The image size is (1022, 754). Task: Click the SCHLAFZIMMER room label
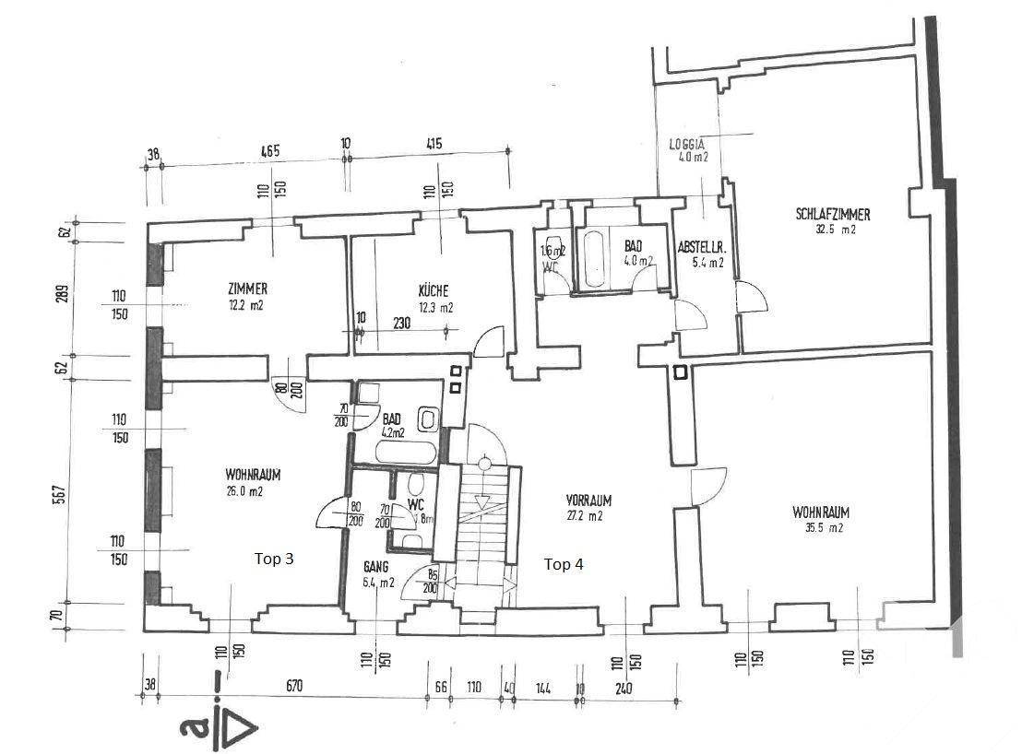[833, 215]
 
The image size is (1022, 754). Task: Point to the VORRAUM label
[589, 501]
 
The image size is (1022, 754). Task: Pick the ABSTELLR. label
[701, 247]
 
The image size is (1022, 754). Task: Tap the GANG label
[375, 567]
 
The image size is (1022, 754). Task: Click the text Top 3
[274, 559]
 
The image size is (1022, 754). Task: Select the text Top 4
[563, 564]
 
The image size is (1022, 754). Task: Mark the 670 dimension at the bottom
[294, 686]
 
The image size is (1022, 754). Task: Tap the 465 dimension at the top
[269, 149]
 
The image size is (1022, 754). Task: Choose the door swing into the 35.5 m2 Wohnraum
[708, 485]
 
